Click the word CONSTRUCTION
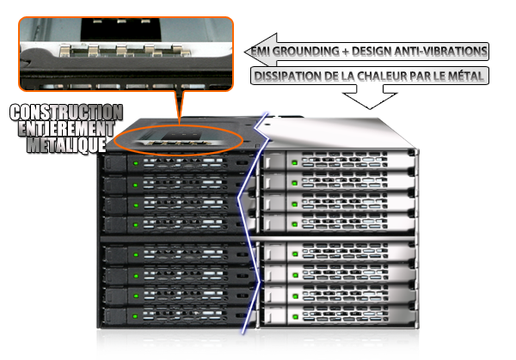pos(64,113)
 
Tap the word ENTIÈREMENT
pos(64,128)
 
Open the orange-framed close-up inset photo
pos(126,53)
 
